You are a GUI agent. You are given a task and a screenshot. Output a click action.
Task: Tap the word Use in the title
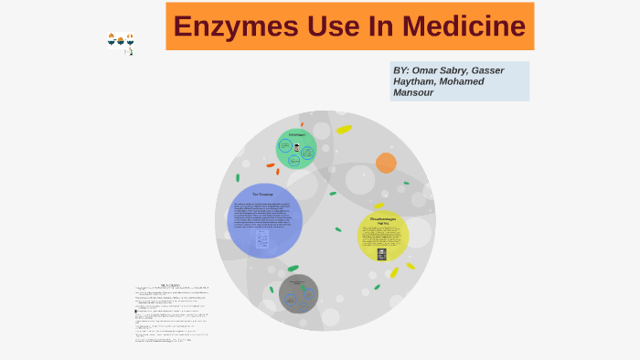pos(323,26)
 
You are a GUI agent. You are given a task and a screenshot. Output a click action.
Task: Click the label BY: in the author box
pos(402,70)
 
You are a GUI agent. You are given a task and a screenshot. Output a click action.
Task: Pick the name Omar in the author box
pos(429,70)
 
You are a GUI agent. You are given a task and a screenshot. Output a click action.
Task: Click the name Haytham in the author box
pos(418,81)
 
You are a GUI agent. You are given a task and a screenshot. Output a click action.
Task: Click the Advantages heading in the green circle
pos(296,135)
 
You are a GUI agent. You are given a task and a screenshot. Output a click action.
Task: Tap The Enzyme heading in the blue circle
pos(264,195)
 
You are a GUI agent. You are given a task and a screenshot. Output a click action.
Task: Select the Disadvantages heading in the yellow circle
pos(383,219)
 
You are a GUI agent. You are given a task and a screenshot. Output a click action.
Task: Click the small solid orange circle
pos(386,163)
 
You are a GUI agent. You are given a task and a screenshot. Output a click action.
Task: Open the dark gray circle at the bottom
pos(298,293)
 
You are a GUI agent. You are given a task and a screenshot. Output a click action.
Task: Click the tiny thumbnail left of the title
pos(121,42)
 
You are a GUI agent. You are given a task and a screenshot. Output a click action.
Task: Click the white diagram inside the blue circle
pos(263,238)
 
